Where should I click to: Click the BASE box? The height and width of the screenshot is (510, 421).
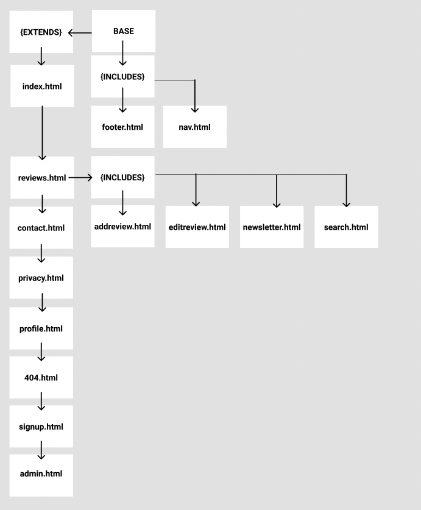pyautogui.click(x=124, y=31)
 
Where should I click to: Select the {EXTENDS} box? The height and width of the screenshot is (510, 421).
pyautogui.click(x=41, y=32)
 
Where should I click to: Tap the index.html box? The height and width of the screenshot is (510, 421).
pyautogui.click(x=42, y=86)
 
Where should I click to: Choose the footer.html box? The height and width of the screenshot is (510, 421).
pyautogui.click(x=122, y=127)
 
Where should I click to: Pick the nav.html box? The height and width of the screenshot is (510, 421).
pyautogui.click(x=194, y=127)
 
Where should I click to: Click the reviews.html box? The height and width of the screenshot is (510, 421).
pyautogui.click(x=42, y=177)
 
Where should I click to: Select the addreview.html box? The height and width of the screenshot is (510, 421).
pyautogui.click(x=122, y=227)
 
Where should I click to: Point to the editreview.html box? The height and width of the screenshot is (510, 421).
pyautogui.click(x=197, y=227)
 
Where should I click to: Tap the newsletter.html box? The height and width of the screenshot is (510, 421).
pyautogui.click(x=272, y=227)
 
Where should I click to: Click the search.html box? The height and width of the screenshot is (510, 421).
pyautogui.click(x=346, y=227)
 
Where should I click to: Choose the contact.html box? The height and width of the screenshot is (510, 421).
pyautogui.click(x=41, y=228)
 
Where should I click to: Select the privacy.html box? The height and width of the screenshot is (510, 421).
pyautogui.click(x=41, y=278)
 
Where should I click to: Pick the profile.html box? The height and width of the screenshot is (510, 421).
pyautogui.click(x=41, y=328)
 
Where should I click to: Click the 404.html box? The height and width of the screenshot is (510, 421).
pyautogui.click(x=41, y=377)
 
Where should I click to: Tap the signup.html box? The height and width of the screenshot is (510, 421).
pyautogui.click(x=41, y=427)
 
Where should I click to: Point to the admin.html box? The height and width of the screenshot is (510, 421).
pyautogui.click(x=41, y=473)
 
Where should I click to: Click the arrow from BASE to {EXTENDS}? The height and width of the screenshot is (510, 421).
pyautogui.click(x=80, y=32)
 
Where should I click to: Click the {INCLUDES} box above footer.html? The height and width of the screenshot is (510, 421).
pyautogui.click(x=122, y=77)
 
